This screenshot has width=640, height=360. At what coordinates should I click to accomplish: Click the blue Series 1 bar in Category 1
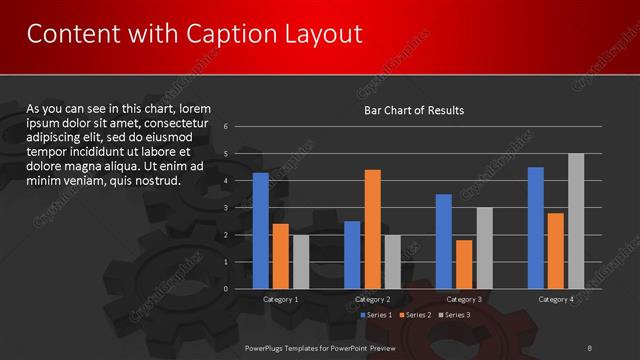261,230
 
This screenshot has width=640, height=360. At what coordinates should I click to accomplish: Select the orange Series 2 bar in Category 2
372,229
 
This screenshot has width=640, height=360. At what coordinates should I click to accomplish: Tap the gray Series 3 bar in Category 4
576,221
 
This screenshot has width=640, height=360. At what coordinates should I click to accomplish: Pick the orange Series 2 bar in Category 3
464,264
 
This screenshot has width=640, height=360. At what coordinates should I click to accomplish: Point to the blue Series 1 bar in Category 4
536,227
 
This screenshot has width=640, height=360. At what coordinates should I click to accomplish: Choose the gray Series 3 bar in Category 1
301,261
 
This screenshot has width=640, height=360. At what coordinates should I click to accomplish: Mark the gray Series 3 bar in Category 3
484,248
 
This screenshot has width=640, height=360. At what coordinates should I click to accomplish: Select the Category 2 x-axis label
372,299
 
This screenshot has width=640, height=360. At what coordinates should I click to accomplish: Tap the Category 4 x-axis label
556,299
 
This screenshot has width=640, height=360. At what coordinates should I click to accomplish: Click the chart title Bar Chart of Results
413,110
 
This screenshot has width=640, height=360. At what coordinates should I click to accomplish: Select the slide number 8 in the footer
591,346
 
